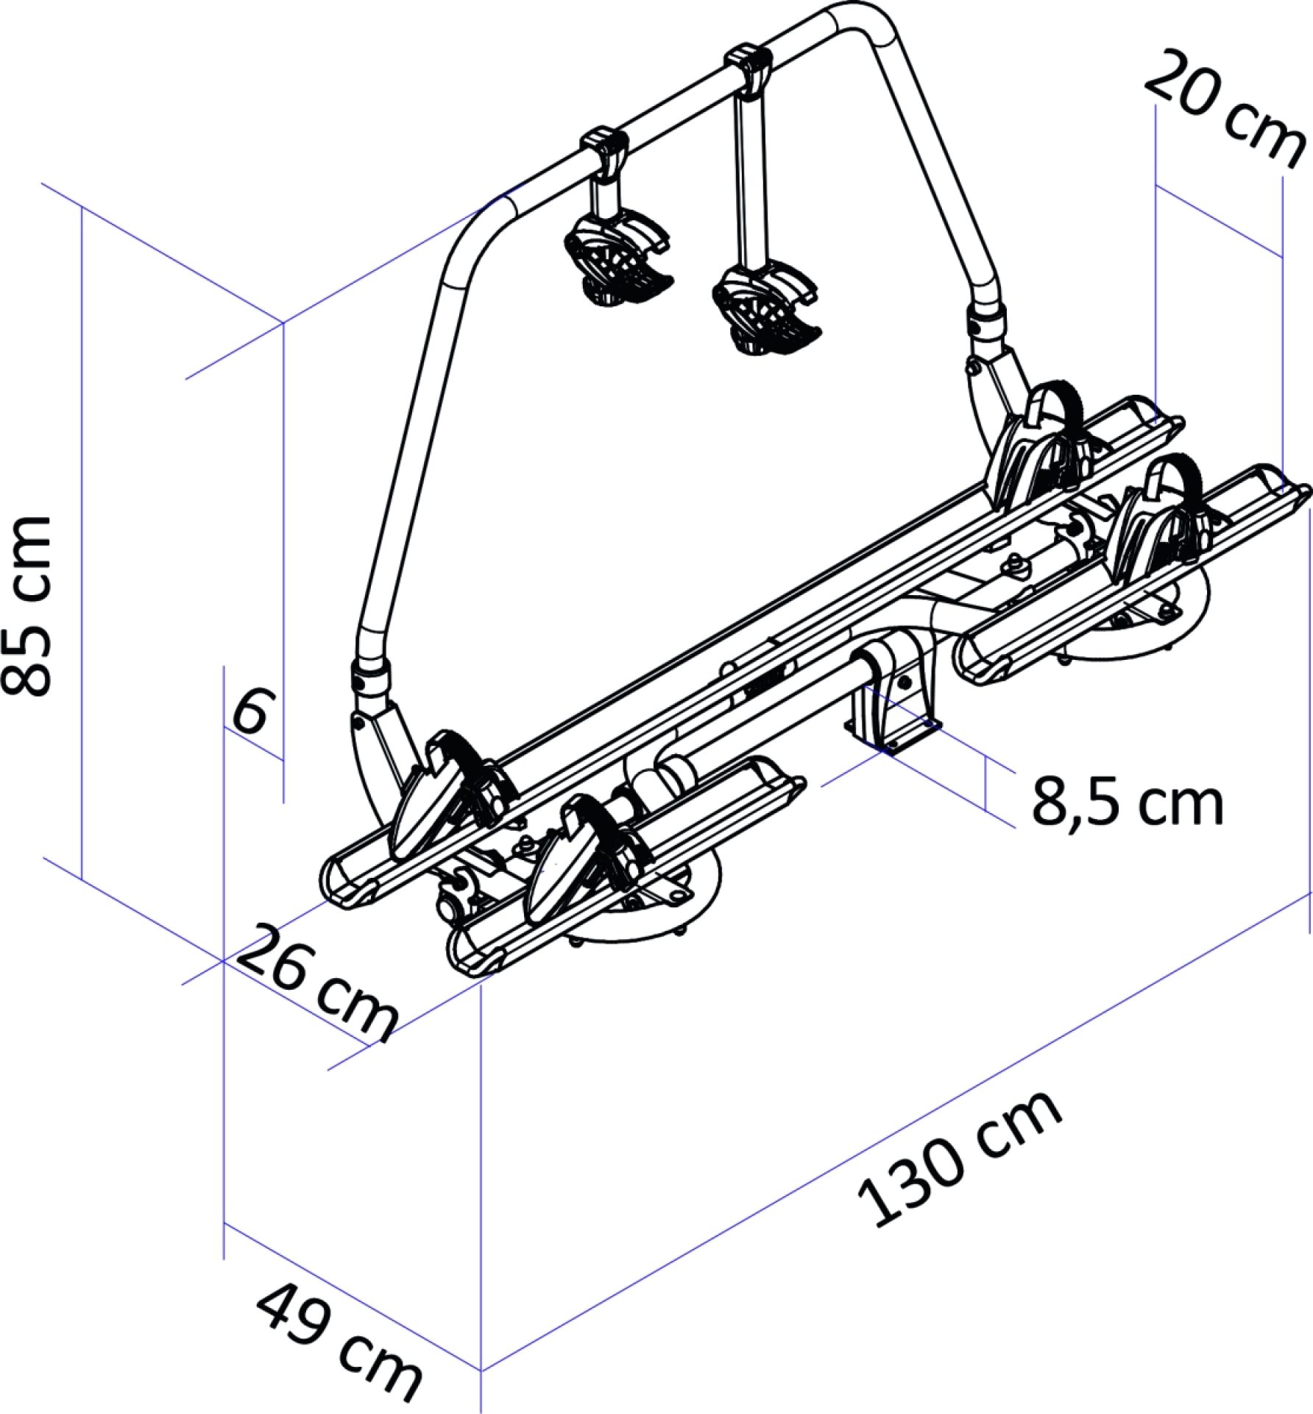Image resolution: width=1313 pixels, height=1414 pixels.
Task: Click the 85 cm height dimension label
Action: pos(27,606)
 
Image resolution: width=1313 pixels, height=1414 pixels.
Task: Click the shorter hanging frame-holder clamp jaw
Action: pos(618,259)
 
